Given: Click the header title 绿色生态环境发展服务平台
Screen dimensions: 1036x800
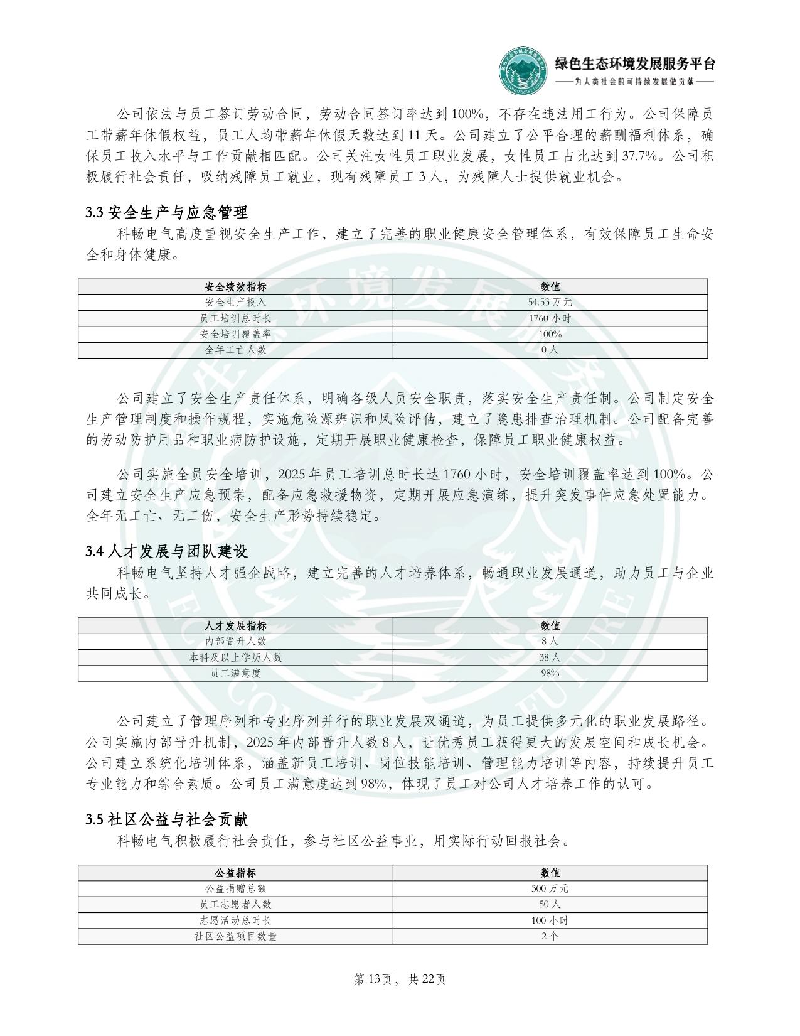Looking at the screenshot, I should coord(634,63).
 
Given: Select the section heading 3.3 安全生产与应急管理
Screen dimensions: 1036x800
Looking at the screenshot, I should coord(166,212).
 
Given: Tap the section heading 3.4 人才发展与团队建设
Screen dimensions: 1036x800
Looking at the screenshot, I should coord(166,551).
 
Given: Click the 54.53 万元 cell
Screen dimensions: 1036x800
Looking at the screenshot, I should coord(550,303).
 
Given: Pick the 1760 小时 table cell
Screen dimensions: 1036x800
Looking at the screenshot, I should coord(550,318).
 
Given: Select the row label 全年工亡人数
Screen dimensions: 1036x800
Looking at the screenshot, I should coord(235,350).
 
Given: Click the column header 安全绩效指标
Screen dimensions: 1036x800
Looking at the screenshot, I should coord(235,287).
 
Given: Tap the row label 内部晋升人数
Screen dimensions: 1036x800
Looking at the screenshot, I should coord(235,642).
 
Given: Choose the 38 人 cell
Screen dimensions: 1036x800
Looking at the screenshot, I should coord(550,657).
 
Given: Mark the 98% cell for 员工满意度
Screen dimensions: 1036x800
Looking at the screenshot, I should coord(550,673).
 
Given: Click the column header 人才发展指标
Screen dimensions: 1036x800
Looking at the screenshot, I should coord(235,626).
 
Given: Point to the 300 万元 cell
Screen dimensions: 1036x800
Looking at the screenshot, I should coord(550,888).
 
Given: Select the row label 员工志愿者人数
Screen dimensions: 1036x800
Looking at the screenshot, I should coord(235,904).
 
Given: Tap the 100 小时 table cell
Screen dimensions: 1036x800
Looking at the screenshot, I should coord(550,920).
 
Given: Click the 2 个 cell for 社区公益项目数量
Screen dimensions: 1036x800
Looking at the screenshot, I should coord(550,936).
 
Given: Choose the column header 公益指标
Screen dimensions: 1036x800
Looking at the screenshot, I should coord(235,873).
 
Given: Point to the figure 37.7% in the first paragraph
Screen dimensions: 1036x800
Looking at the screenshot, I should coord(643,156).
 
